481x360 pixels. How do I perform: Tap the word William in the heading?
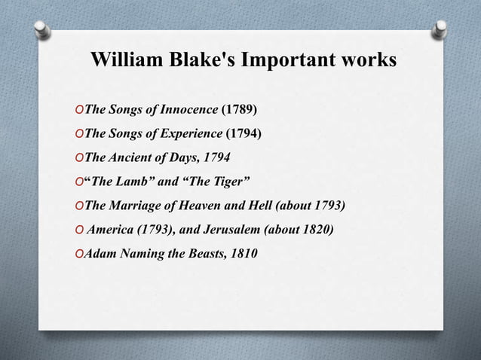tap(123, 59)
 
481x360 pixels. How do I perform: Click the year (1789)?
tap(238, 110)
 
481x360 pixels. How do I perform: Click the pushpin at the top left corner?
tap(42, 30)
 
